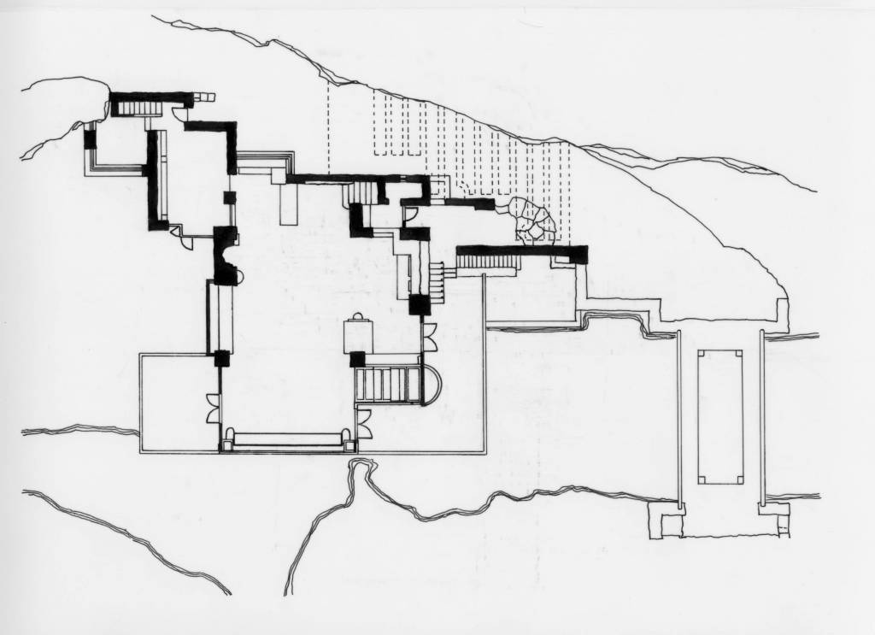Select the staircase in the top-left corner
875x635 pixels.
point(135,109)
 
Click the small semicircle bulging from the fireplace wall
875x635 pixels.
point(240,275)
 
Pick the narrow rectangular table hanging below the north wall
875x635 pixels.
point(288,203)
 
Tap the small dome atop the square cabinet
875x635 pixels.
point(358,317)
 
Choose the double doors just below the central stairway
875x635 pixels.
point(363,421)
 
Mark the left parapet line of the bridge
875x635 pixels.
point(679,419)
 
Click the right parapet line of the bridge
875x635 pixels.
point(761,419)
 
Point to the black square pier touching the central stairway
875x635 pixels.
point(357,359)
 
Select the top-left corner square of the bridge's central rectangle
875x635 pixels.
point(702,352)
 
